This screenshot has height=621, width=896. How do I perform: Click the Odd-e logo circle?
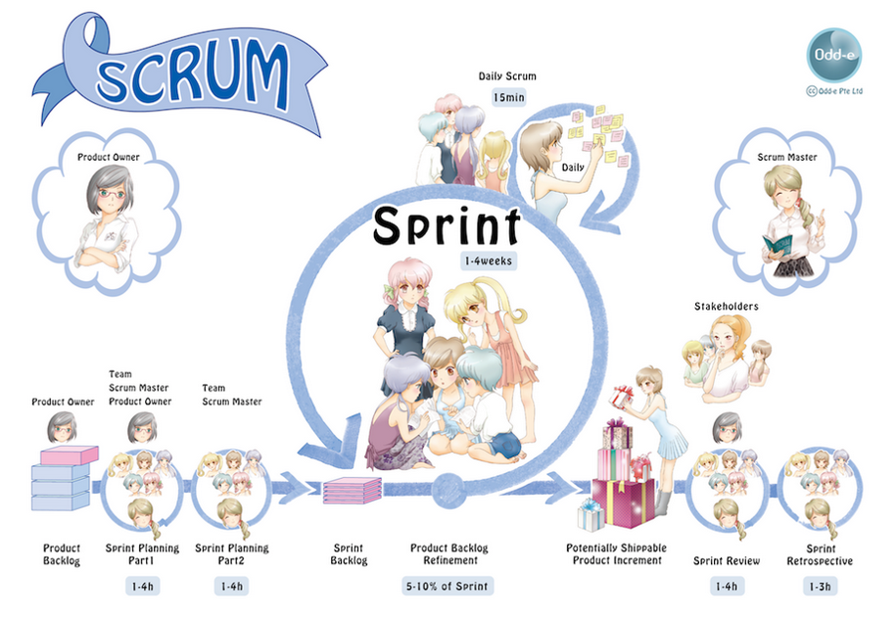(x=833, y=56)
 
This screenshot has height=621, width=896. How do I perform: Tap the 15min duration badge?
(x=508, y=97)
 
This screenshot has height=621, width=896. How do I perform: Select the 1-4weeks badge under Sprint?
(x=489, y=261)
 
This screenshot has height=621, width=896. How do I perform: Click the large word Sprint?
(x=447, y=225)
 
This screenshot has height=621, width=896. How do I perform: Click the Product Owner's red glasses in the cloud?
(x=112, y=194)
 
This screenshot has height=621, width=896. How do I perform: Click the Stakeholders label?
(x=727, y=307)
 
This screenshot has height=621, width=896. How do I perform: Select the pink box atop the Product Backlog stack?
(x=70, y=455)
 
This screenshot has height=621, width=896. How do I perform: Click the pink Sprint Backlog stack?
(x=352, y=491)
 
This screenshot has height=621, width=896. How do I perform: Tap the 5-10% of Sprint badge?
(x=448, y=586)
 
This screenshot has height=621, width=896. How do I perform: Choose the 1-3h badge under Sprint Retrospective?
(x=820, y=586)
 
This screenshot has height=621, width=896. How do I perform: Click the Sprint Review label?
(x=727, y=561)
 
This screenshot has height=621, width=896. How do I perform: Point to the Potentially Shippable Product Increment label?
(x=617, y=554)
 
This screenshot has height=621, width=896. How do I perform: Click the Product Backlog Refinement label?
(x=449, y=554)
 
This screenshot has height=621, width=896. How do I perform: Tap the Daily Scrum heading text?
(x=507, y=76)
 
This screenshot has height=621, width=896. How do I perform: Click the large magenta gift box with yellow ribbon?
(x=624, y=502)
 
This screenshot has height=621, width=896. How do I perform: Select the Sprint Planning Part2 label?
(x=231, y=554)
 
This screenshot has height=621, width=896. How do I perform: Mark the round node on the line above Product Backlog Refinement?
(x=448, y=491)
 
